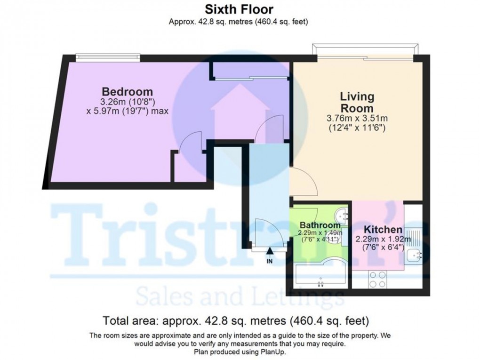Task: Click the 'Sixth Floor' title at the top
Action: [239, 9]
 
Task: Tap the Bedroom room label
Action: [128, 91]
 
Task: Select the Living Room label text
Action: [357, 102]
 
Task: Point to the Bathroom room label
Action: [320, 225]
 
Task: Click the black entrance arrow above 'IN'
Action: [270, 252]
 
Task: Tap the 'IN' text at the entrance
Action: [270, 261]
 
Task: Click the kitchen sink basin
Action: [414, 256]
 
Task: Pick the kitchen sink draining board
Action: [414, 234]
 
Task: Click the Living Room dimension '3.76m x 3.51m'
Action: [357, 118]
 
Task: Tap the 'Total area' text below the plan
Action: [131, 321]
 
